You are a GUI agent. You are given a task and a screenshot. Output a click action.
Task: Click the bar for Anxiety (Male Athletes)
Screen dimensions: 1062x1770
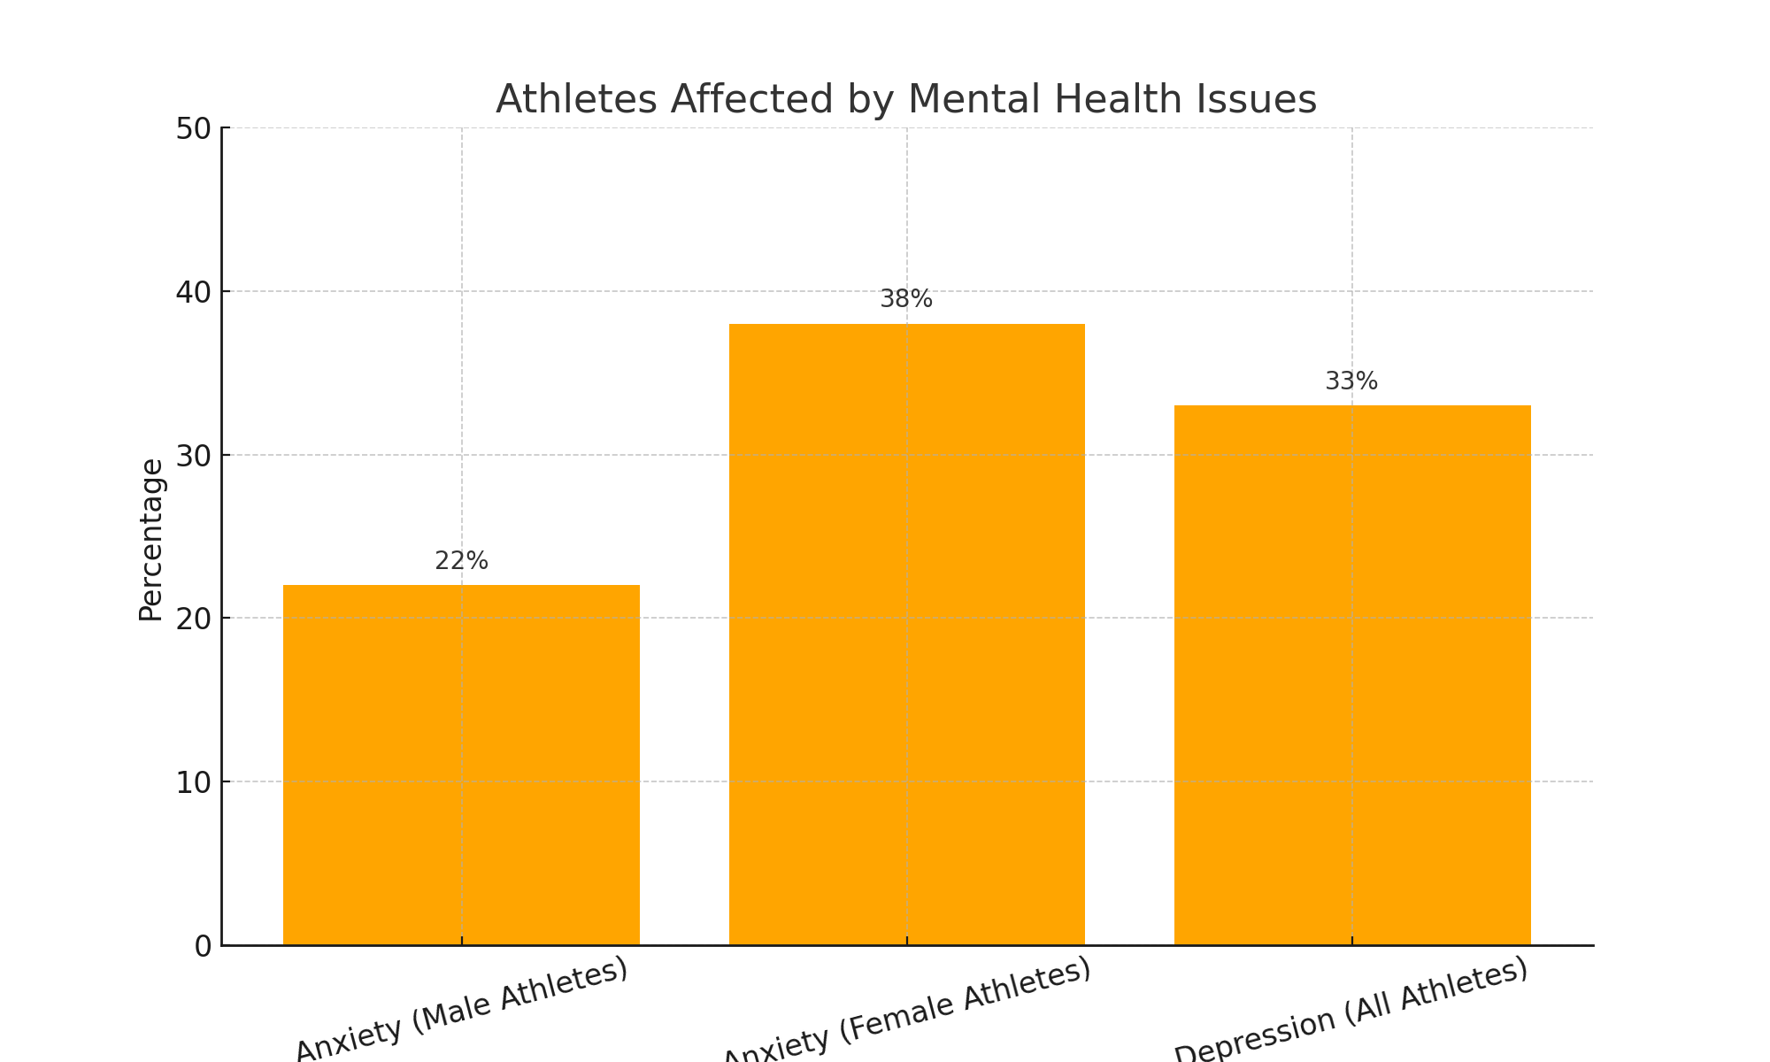point(461,765)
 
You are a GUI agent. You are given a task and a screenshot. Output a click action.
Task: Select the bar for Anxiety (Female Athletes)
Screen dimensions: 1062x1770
point(906,634)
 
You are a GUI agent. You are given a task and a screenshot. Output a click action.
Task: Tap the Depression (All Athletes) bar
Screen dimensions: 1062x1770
point(1351,674)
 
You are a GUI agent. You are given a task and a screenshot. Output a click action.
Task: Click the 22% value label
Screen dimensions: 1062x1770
point(461,561)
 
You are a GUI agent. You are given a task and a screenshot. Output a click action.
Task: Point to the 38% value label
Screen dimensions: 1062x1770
point(906,299)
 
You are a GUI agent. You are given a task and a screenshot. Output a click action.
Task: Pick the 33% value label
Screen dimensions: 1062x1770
point(1351,381)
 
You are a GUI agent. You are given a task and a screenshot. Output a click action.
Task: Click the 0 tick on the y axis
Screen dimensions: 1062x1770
point(203,946)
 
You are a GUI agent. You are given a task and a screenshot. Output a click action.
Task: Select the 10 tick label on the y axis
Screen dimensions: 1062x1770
point(194,782)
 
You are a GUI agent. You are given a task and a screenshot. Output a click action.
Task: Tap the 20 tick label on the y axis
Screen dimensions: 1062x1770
point(194,619)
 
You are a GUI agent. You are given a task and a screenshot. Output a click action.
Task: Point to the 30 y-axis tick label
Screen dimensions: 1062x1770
point(194,456)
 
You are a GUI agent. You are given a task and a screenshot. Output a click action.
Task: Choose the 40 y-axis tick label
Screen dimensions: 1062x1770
point(194,292)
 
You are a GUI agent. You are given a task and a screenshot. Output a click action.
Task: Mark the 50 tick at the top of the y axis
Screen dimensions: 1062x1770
point(194,129)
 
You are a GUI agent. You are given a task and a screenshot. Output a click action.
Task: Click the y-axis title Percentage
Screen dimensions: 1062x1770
point(151,540)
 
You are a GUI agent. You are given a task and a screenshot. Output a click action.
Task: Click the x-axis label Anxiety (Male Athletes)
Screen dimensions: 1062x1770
point(461,1010)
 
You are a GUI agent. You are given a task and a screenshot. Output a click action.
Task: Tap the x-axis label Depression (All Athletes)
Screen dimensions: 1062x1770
point(1351,1010)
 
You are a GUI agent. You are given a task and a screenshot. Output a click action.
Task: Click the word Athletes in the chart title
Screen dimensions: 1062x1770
point(576,99)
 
